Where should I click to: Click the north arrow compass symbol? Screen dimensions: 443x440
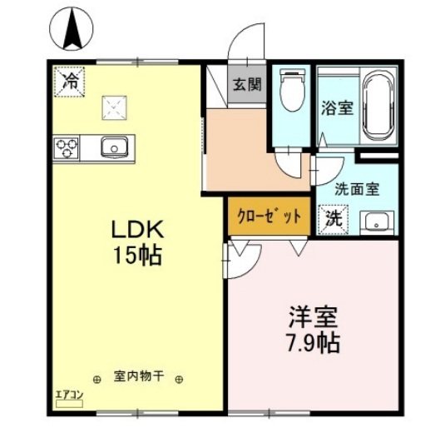coord(70,30)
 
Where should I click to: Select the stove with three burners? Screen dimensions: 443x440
coord(67,147)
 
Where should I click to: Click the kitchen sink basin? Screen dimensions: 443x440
coord(112,147)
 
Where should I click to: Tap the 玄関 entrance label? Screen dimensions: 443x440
coord(246,84)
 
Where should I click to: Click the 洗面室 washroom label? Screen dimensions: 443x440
coord(357,188)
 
